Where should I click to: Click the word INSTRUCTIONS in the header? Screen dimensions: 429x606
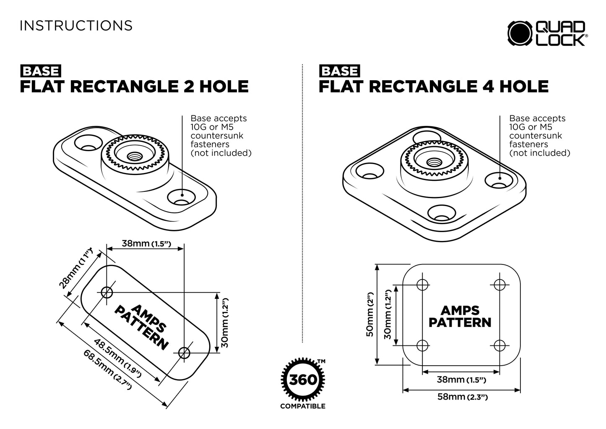[76, 26]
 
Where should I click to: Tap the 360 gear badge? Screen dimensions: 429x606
[303, 380]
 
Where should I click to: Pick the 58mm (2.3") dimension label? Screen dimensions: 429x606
[462, 396]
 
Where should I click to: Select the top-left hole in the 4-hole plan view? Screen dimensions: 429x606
[423, 285]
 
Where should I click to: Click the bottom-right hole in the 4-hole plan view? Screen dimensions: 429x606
[499, 345]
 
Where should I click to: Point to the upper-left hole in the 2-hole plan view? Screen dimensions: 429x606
[107, 292]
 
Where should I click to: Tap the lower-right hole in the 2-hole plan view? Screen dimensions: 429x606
[184, 353]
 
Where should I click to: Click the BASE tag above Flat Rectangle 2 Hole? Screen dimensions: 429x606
[40, 71]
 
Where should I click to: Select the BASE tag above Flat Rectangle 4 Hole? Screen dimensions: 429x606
[339, 71]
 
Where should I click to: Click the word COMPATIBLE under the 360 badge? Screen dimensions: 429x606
[302, 406]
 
